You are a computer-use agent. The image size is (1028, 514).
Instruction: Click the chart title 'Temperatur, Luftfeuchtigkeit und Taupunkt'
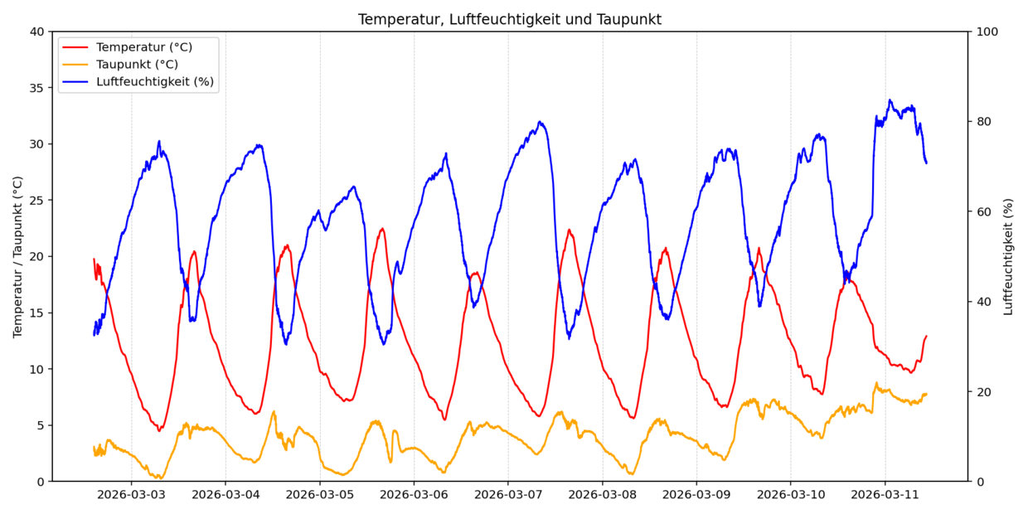[509, 19]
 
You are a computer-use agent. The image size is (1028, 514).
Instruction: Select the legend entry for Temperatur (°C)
[143, 47]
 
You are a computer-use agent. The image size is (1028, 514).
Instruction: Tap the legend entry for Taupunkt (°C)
[137, 65]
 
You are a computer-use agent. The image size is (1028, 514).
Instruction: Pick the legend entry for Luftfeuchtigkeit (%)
[154, 81]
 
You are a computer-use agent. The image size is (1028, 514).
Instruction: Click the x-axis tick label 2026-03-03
[131, 495]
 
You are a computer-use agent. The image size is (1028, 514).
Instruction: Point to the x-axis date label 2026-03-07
[507, 495]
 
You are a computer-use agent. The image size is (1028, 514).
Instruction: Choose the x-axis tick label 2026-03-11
[885, 495]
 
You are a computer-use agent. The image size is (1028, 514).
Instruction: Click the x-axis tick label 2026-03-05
[319, 495]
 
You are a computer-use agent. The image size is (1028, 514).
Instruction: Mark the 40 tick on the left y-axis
[37, 32]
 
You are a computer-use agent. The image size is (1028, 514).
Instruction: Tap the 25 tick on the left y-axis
[37, 201]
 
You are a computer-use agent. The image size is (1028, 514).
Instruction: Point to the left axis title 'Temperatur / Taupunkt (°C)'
[18, 256]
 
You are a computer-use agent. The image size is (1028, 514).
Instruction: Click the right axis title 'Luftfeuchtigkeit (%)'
[1008, 256]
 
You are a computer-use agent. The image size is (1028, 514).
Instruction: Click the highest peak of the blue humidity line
[890, 100]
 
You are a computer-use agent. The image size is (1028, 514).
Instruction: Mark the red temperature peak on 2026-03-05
[382, 228]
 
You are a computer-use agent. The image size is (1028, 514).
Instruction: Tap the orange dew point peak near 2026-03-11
[876, 383]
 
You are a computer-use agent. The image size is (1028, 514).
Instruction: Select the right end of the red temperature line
[926, 336]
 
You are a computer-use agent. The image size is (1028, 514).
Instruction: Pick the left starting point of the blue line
[94, 335]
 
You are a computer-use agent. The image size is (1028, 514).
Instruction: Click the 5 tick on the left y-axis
[41, 425]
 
